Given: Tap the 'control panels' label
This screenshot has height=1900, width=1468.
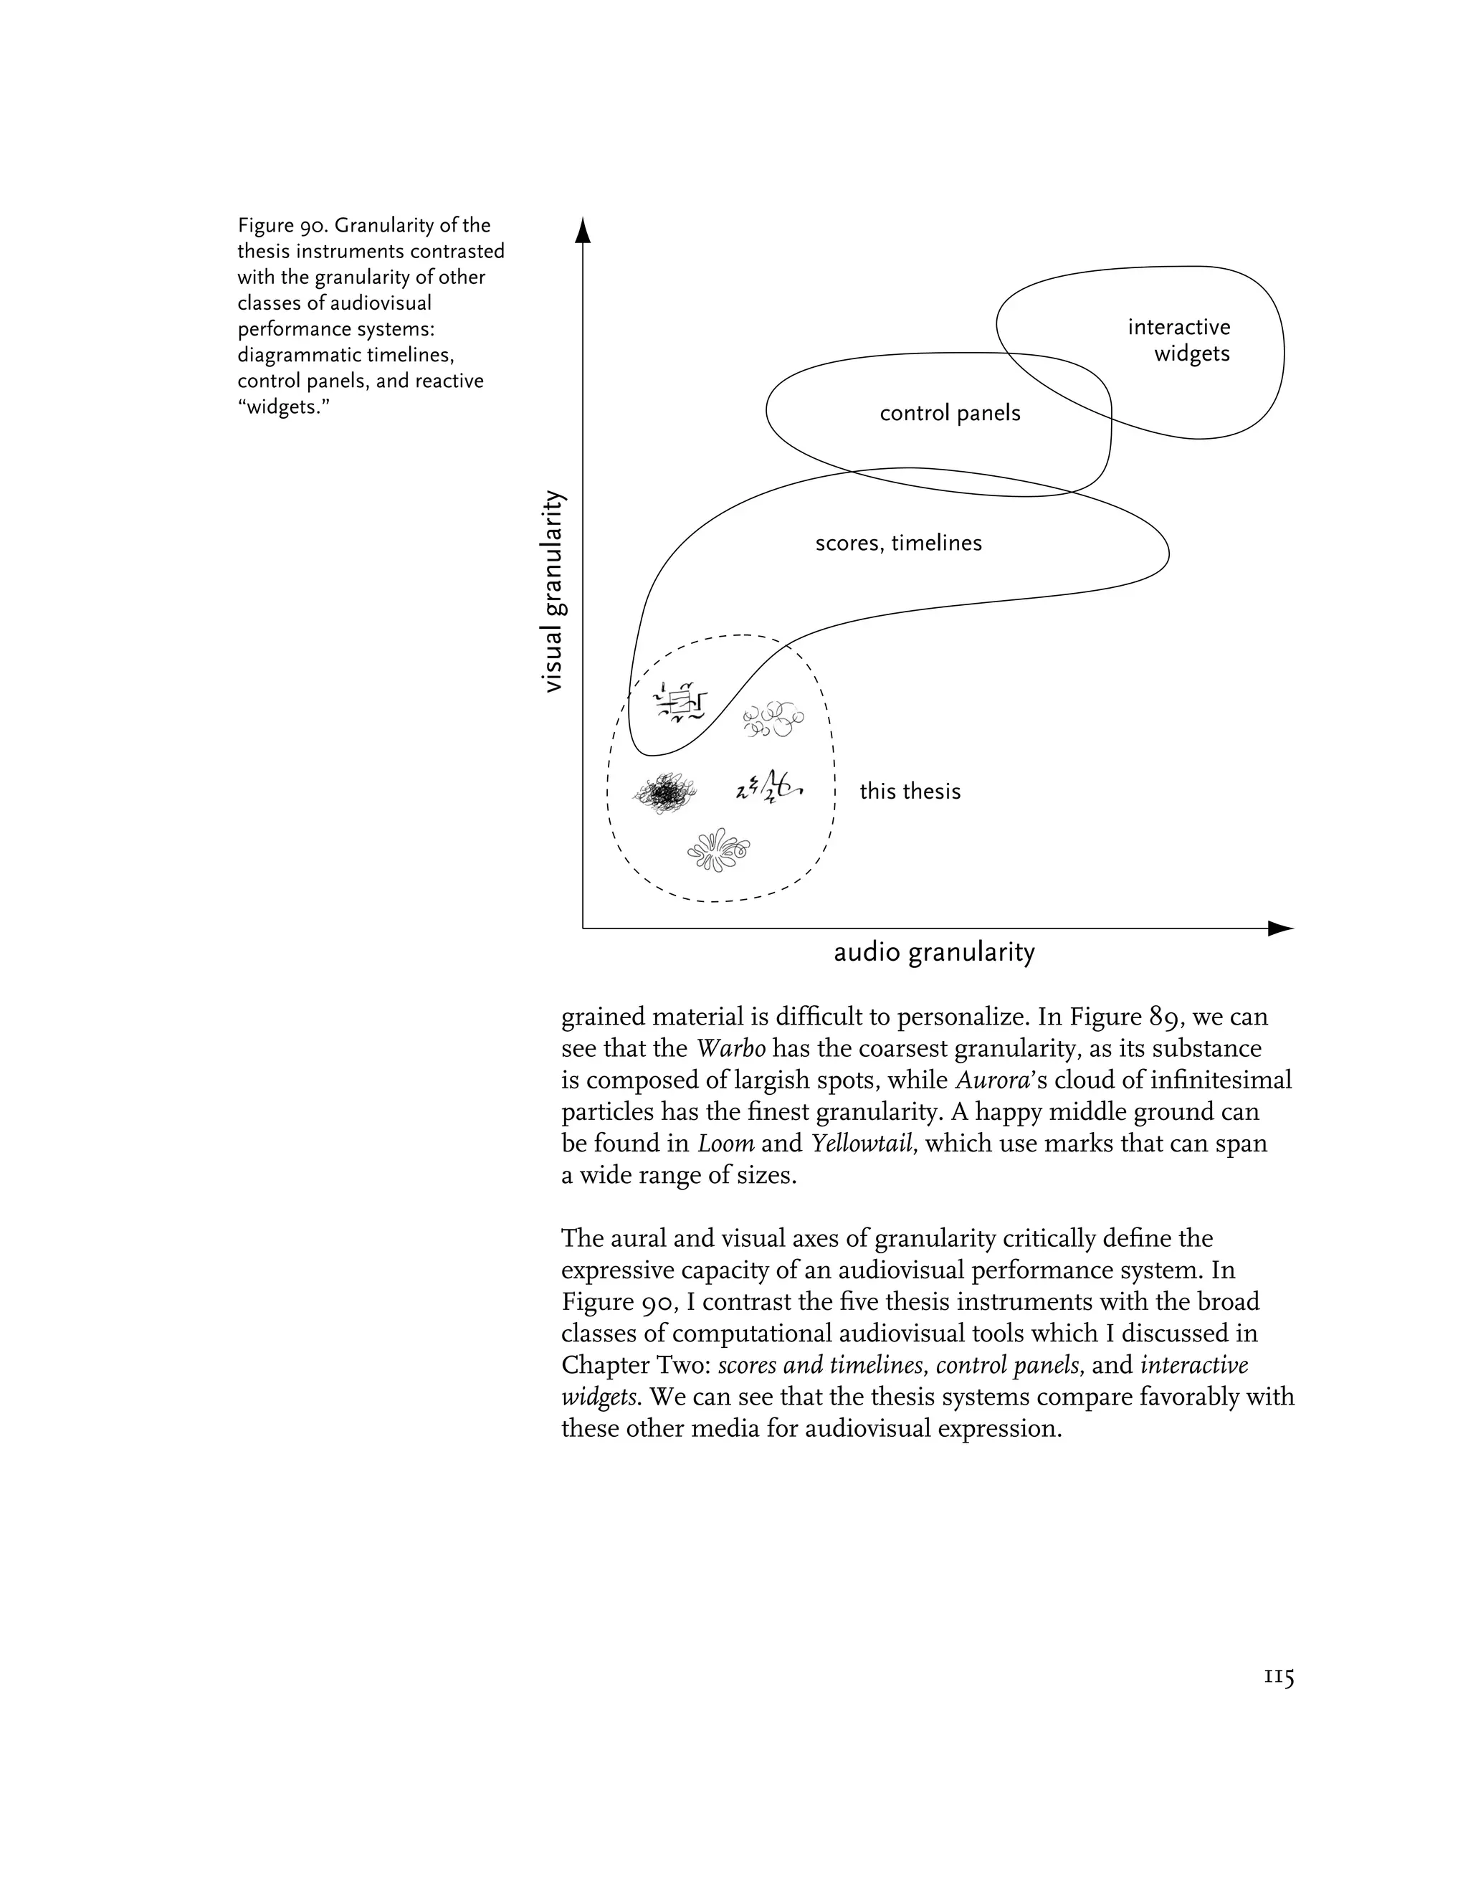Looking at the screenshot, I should tap(950, 413).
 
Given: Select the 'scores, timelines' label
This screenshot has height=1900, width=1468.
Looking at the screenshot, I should tap(898, 543).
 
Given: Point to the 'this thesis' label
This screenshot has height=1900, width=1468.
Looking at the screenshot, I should tap(910, 792).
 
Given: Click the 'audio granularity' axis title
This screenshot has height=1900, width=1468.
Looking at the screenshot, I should tap(934, 953).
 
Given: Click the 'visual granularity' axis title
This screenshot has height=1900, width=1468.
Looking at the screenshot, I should tap(553, 592).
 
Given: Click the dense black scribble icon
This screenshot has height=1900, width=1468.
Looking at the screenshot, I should tap(665, 792).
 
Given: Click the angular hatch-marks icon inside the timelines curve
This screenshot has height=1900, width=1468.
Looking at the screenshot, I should tap(682, 702).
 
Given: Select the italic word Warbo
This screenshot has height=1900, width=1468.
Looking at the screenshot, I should tap(730, 1049).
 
